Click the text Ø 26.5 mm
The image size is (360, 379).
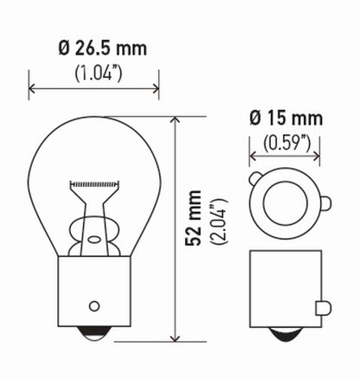[93, 48]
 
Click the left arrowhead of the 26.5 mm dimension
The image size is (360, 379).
[33, 87]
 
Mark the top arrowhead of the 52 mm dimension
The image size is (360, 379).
[177, 120]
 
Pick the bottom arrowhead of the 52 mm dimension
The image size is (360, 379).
[177, 338]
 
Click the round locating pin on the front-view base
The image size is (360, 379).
[94, 307]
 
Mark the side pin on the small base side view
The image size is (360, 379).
[324, 306]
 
